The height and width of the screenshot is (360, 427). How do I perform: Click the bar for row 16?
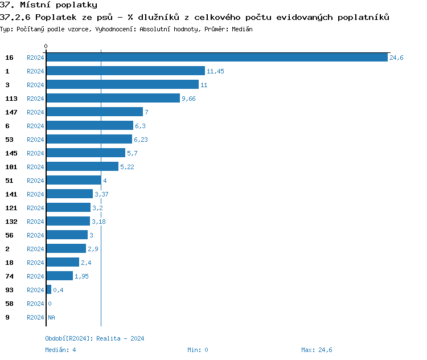tap(217, 58)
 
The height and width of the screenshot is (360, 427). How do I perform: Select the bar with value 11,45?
tap(125, 71)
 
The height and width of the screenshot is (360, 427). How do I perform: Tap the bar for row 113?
tap(113, 99)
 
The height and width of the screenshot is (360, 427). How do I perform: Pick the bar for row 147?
tap(95, 112)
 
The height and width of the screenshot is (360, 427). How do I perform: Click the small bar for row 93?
tap(49, 290)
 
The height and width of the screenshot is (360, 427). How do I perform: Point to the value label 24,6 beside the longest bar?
tap(396, 58)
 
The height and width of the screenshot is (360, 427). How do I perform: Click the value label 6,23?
tap(141, 140)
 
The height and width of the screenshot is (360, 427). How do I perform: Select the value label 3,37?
tap(101, 194)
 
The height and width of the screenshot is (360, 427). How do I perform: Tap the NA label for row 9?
tap(51, 317)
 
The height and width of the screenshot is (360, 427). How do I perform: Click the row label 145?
tap(11, 153)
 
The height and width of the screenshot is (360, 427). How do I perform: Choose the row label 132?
tap(11, 222)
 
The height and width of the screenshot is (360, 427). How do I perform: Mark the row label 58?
tap(9, 304)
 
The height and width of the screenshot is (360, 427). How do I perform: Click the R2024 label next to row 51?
tap(35, 181)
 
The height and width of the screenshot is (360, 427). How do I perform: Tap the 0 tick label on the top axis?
tap(46, 46)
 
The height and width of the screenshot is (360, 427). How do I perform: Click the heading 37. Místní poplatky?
tap(48, 5)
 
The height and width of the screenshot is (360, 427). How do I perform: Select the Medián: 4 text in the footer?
tap(60, 350)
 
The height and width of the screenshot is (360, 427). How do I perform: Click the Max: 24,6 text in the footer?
tap(317, 350)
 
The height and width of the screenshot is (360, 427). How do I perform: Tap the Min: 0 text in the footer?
tap(198, 350)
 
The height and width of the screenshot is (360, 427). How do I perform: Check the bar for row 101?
tap(83, 167)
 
